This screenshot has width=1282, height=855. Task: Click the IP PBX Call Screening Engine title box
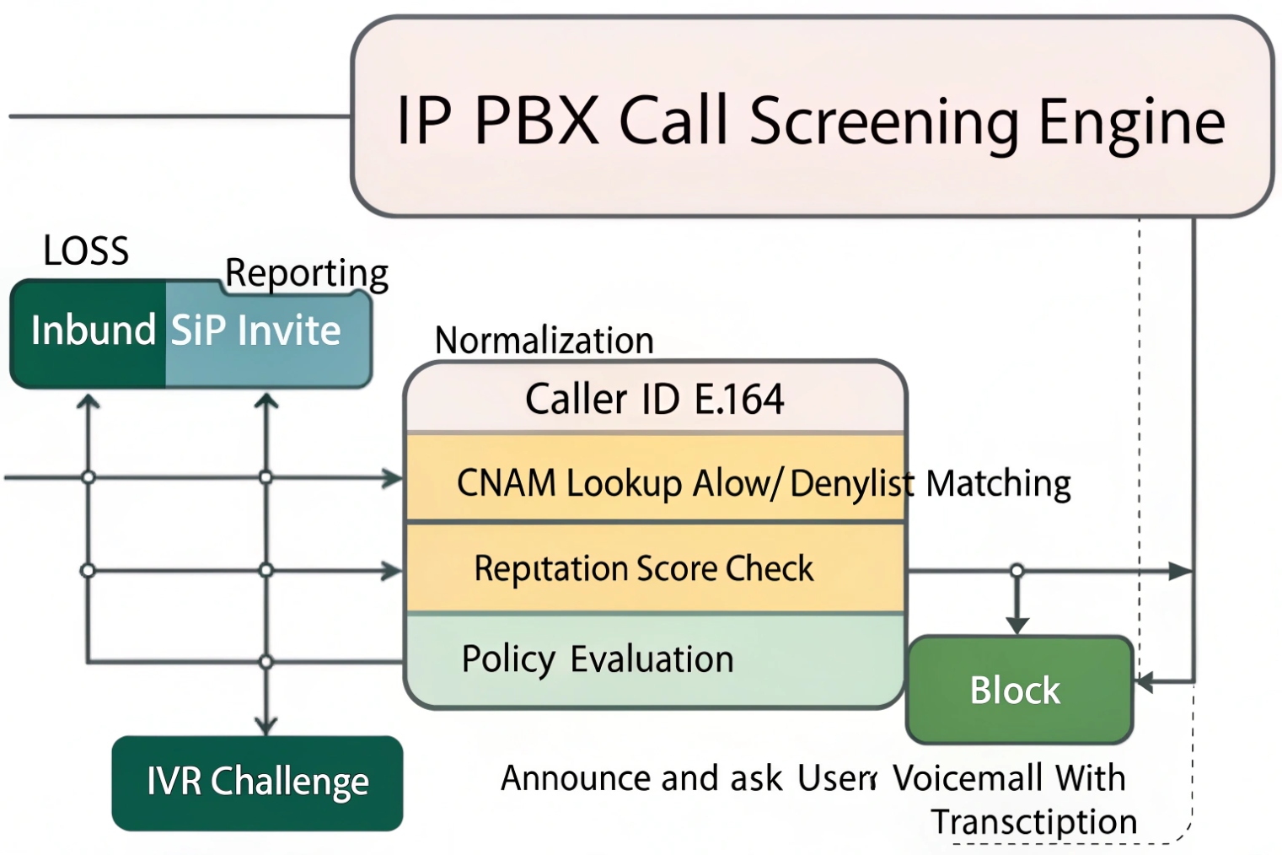pos(811,118)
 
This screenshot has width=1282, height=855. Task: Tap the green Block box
pos(1018,691)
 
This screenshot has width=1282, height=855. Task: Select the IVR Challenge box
pos(257,782)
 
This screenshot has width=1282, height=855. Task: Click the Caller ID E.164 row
pos(655,399)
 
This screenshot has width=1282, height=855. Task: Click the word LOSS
pos(86,251)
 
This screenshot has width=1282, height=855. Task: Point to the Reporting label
pos(307,273)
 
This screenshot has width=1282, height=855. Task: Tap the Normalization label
pos(544,341)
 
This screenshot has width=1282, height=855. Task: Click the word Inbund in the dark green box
pos(93,330)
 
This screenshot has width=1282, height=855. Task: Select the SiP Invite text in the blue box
pos(256,331)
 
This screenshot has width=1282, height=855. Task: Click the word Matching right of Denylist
pos(998,484)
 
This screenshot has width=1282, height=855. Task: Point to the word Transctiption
pos(1033,821)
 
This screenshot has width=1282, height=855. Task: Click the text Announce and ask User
pos(687,778)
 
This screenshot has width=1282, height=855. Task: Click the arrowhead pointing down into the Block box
pos(1017,625)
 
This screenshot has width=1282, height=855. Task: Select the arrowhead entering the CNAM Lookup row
pos(393,478)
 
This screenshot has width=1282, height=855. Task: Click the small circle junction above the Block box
pos(1017,571)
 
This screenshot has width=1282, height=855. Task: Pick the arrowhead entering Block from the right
pos(1144,681)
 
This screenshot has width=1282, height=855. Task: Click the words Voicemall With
pos(1009,778)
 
